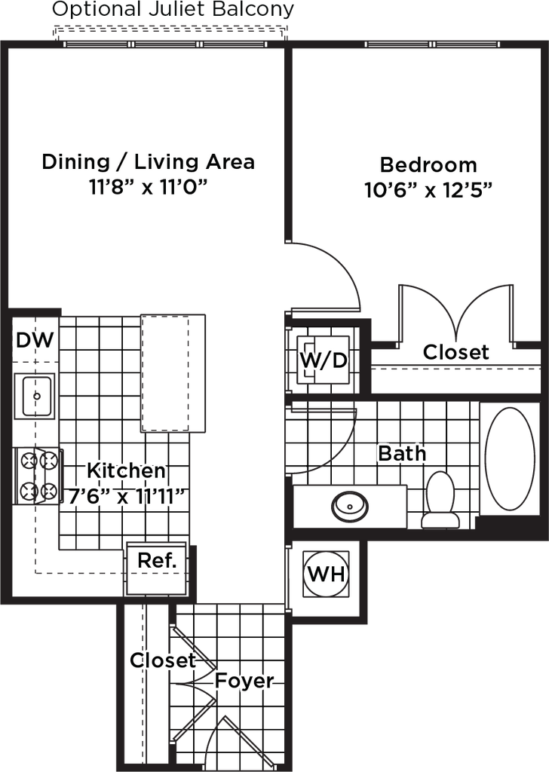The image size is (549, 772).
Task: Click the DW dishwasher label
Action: [35, 340]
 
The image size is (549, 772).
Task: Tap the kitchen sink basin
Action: [35, 396]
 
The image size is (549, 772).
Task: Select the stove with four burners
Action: [38, 476]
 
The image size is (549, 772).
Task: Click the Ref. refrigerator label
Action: [157, 560]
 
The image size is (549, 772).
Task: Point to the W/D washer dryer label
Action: [324, 360]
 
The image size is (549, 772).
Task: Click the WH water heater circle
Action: [326, 574]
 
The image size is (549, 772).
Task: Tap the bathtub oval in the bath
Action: [510, 458]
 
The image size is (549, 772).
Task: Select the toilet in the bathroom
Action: [440, 499]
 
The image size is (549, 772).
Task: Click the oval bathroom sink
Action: [350, 506]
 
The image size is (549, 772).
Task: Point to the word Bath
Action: [402, 453]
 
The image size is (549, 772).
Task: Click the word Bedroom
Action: [428, 164]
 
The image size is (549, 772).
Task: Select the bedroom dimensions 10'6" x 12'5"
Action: [428, 189]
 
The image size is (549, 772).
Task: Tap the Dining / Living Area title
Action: [149, 161]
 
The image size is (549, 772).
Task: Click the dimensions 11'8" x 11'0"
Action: [148, 187]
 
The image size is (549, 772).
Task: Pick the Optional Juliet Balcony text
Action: [173, 9]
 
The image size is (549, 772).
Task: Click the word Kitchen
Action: [127, 470]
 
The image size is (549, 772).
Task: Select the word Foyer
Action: [244, 681]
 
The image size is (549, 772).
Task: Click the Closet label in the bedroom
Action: [456, 352]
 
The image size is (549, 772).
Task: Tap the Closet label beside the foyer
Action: [163, 660]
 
